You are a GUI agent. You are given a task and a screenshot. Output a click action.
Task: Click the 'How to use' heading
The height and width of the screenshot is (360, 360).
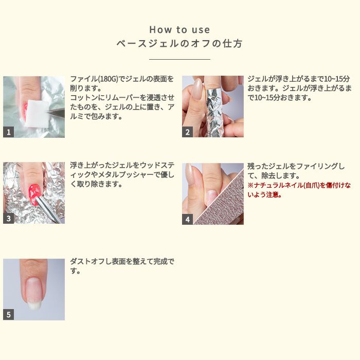179,30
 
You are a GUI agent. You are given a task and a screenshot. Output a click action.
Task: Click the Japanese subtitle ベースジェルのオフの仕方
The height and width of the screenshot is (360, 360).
179,43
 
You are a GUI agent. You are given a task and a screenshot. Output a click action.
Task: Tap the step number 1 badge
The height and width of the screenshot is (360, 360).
9,132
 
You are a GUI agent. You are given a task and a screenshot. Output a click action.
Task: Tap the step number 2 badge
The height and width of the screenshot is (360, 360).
187,132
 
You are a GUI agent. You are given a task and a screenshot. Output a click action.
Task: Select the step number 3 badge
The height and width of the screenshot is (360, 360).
9,218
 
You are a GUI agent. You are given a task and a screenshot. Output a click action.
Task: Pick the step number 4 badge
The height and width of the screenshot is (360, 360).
187,219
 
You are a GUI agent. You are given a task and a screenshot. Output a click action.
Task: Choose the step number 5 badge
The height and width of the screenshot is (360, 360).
9,315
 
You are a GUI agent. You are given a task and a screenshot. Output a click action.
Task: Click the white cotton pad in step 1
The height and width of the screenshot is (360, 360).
37,114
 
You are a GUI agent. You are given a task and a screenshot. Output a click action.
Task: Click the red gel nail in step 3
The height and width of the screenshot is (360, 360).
34,193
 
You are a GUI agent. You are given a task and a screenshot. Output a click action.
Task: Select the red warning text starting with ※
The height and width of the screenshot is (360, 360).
299,190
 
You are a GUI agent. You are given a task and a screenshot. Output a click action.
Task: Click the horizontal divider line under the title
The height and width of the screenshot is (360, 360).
179,59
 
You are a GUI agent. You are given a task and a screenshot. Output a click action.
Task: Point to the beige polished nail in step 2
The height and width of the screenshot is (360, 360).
197,89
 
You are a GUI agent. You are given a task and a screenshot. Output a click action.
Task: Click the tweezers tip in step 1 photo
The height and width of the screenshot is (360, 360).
47,112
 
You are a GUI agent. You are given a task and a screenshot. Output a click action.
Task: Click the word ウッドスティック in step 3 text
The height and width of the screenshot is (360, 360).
129,170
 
